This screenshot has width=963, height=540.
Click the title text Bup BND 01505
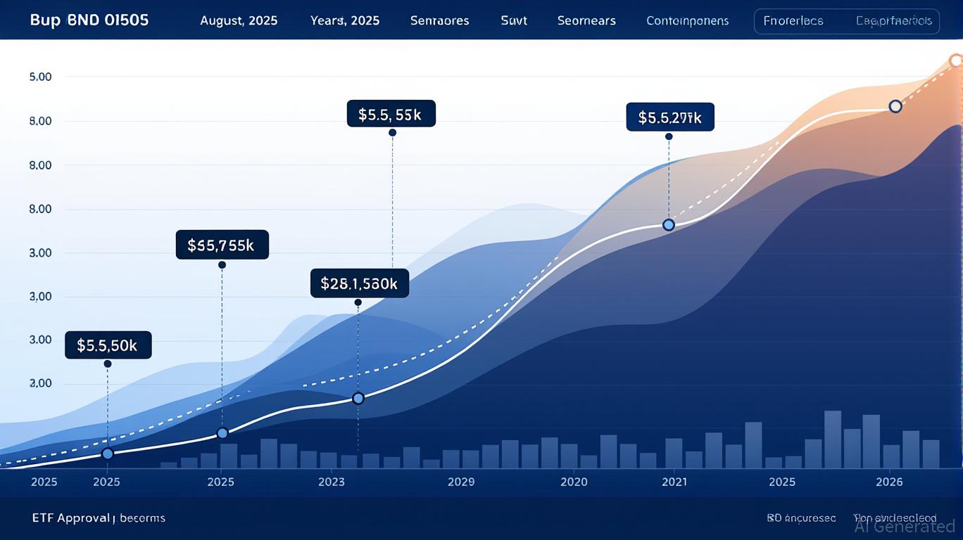(89, 20)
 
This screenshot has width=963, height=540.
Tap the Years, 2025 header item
(345, 20)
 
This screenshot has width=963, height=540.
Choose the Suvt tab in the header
(514, 20)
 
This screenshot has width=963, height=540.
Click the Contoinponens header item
(688, 20)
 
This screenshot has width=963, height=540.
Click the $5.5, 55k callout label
(391, 114)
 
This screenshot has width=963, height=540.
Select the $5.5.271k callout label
(669, 117)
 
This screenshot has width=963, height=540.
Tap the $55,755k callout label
(222, 245)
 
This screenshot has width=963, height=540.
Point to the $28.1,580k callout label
(359, 283)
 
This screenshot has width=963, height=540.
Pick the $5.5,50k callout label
(108, 345)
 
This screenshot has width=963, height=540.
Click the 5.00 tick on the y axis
(40, 77)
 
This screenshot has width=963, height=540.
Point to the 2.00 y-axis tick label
(40, 384)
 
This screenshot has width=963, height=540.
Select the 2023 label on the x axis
(332, 482)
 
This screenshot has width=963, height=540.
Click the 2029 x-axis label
(461, 482)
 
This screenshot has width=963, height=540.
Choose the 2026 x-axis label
(889, 482)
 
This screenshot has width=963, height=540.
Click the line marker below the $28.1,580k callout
(358, 399)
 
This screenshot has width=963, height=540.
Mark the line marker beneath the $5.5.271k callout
(669, 225)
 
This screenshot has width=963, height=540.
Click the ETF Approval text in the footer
(71, 518)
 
